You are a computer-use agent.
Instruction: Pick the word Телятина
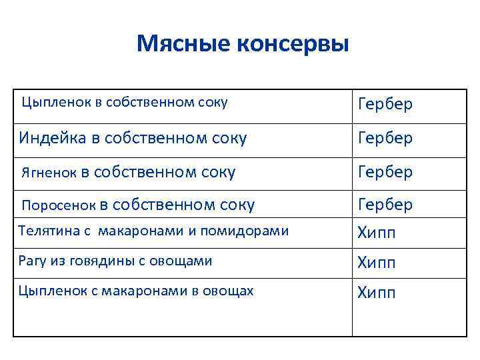(46, 231)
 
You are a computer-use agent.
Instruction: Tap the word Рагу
(31, 261)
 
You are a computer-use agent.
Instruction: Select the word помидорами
(251, 231)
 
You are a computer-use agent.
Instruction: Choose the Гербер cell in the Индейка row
(385, 138)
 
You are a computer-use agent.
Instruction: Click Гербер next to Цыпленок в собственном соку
(385, 104)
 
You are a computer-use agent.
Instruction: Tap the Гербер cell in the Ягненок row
(385, 172)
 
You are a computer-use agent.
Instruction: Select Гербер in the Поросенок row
(385, 204)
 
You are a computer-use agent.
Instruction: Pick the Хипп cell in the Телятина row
(377, 233)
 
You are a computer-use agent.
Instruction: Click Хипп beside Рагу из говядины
(377, 263)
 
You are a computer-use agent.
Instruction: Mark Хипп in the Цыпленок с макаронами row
(377, 293)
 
